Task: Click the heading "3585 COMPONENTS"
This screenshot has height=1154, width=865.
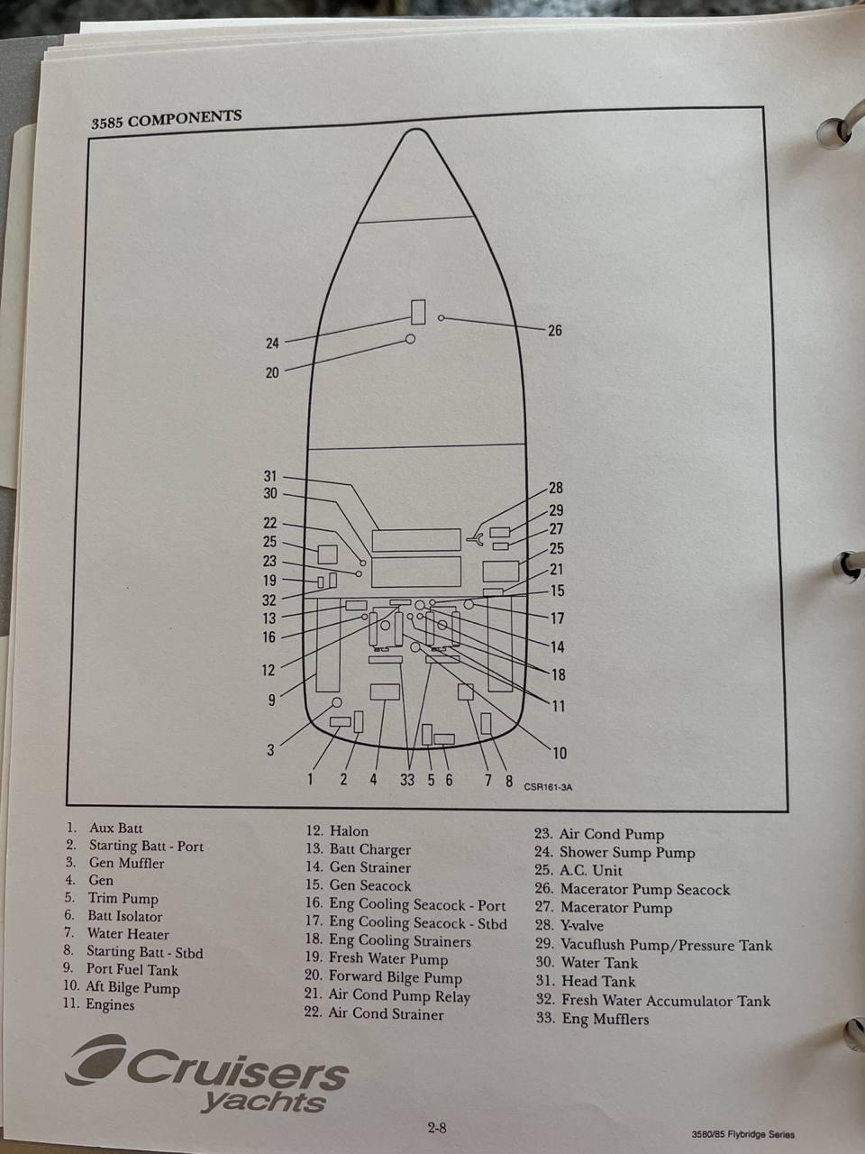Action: click(167, 119)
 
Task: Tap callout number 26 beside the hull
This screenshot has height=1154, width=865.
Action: click(555, 330)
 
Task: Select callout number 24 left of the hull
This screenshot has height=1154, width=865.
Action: click(272, 343)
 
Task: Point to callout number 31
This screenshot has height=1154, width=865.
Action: click(270, 476)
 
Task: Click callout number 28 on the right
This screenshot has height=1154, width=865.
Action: click(556, 488)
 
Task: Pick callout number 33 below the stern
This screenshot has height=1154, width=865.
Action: click(407, 780)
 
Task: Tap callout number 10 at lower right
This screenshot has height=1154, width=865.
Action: click(560, 753)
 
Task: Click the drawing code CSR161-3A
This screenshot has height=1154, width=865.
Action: click(548, 787)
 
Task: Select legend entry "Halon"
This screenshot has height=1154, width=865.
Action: click(349, 831)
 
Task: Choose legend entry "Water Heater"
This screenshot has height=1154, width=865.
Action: click(128, 934)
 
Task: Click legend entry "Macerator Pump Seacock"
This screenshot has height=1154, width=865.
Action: click(645, 889)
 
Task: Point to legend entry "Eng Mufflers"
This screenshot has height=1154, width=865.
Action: click(605, 1019)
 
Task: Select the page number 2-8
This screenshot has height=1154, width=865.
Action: click(437, 1127)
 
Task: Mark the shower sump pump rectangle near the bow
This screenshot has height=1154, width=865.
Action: click(418, 312)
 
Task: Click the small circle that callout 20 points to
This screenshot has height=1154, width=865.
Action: click(410, 339)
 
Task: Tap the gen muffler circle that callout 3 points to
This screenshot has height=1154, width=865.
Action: click(337, 702)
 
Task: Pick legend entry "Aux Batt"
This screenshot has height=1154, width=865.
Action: click(115, 828)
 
